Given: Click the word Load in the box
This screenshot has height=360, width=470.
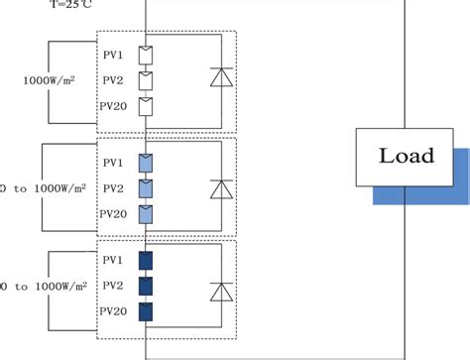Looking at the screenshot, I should pyautogui.click(x=407, y=156).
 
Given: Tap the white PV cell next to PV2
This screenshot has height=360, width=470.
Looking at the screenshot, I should pyautogui.click(x=147, y=77).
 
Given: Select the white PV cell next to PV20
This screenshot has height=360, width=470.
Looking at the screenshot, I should pyautogui.click(x=147, y=105).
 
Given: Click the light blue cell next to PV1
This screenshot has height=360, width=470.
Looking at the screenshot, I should pyautogui.click(x=147, y=161).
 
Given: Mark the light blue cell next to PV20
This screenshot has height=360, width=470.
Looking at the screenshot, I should pyautogui.click(x=147, y=212).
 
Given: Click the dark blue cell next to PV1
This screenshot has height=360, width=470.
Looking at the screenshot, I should pyautogui.click(x=147, y=261).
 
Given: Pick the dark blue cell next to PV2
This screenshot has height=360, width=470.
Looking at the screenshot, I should pyautogui.click(x=147, y=287).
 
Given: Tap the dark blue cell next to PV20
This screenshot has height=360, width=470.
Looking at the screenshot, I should pyautogui.click(x=147, y=313).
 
